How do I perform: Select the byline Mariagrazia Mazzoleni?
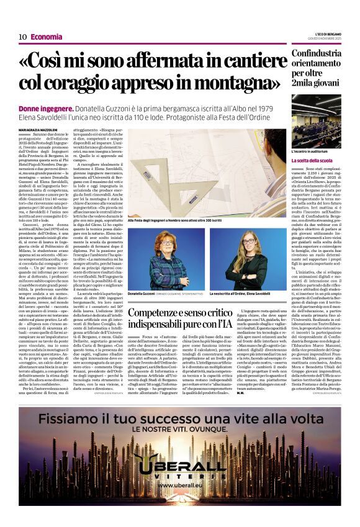click(37, 128)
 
